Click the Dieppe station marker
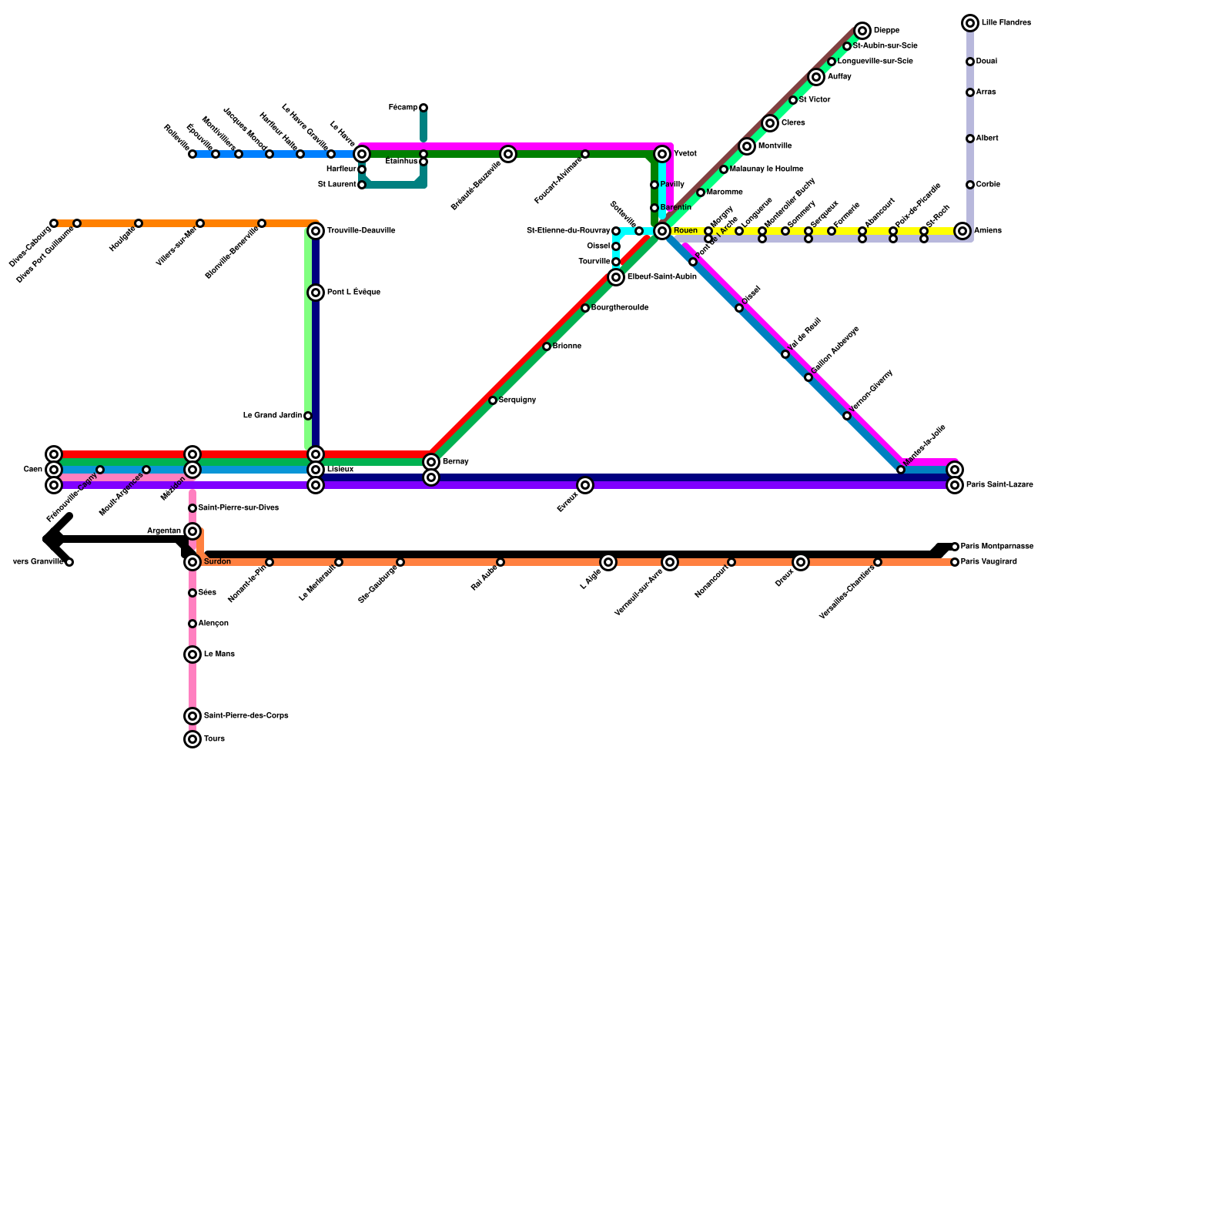tap(862, 31)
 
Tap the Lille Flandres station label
tap(1006, 23)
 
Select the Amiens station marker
tap(962, 231)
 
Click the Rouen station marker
tap(662, 231)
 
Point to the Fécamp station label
tap(403, 108)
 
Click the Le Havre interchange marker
tap(362, 154)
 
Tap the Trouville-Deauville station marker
tap(316, 231)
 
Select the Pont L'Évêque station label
tap(353, 293)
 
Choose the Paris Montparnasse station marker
tap(955, 547)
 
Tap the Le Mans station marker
tap(192, 654)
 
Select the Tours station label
tap(214, 739)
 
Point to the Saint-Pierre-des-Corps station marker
tap(192, 716)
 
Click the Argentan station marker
tap(192, 531)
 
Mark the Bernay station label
tap(455, 462)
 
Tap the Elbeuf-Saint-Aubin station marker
tap(616, 277)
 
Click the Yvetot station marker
tap(662, 154)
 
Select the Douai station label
tap(986, 62)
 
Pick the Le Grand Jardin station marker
tap(308, 416)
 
